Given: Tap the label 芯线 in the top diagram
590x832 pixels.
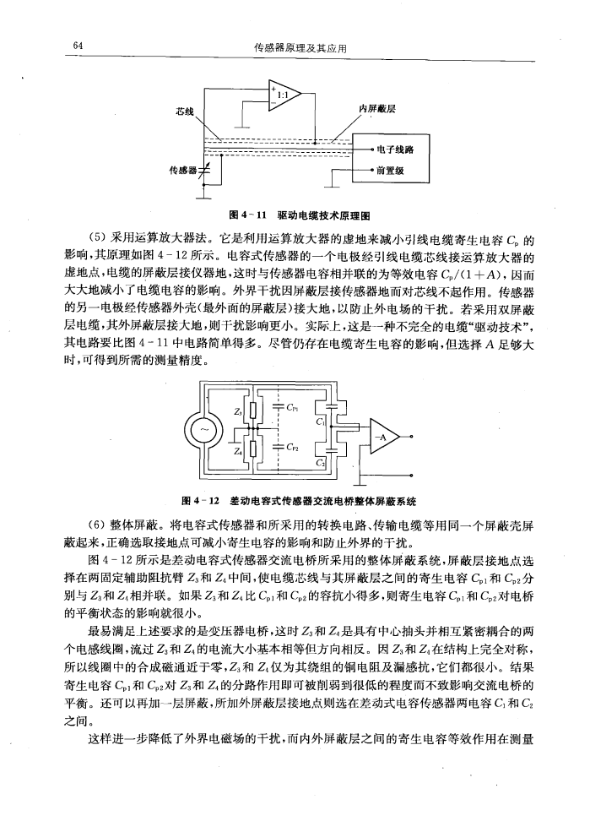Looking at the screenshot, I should tap(185, 111).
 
